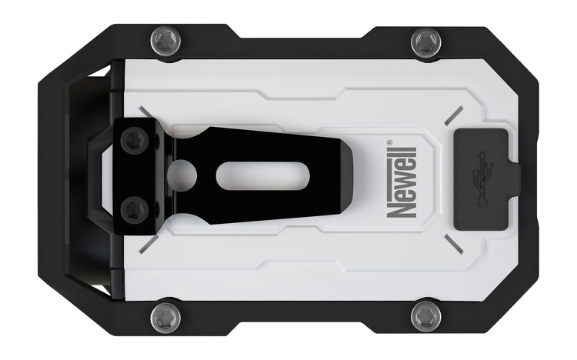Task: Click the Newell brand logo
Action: point(404,182)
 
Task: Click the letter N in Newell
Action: point(404,207)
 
